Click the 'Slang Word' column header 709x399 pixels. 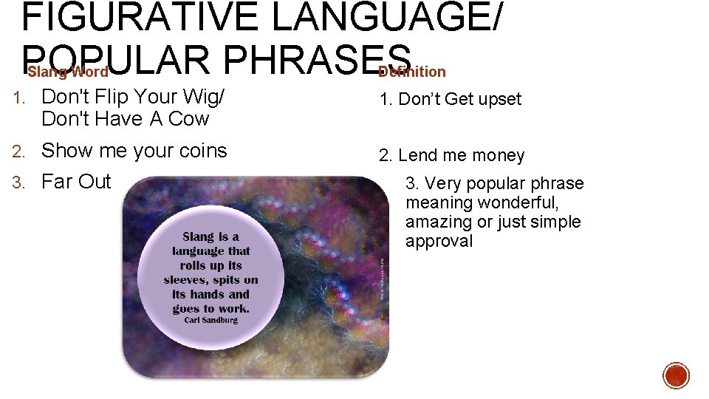[x=68, y=72]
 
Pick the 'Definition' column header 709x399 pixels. [x=412, y=72]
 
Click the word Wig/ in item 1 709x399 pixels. [x=202, y=97]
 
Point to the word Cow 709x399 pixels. [x=188, y=119]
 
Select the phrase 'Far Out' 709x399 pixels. [x=76, y=182]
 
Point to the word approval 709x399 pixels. [x=439, y=242]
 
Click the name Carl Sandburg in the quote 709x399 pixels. [x=210, y=320]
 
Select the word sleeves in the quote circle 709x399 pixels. [x=185, y=279]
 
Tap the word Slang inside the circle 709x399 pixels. [x=198, y=237]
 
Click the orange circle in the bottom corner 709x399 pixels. [x=676, y=375]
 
